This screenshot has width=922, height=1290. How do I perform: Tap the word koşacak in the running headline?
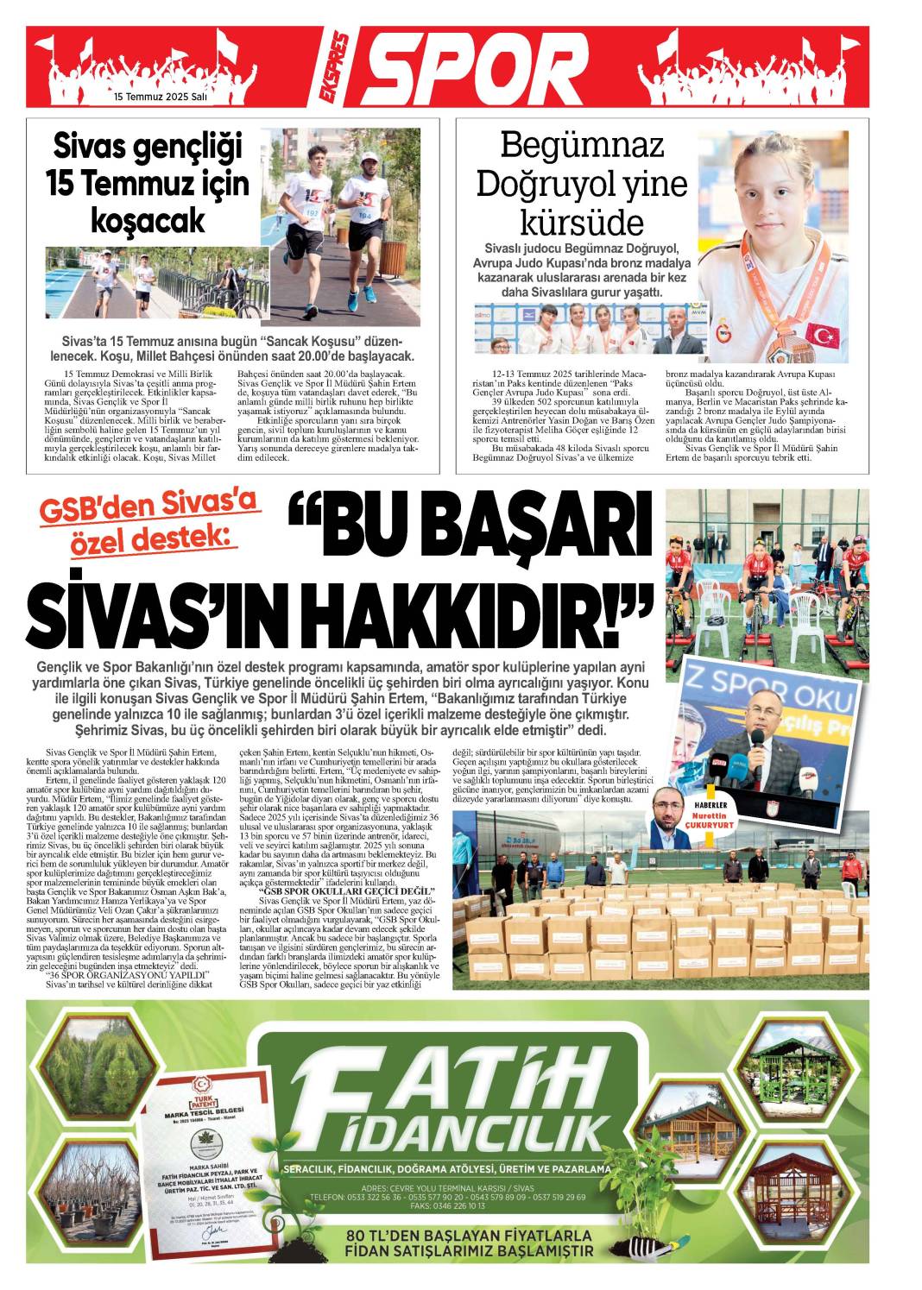pyautogui.click(x=148, y=220)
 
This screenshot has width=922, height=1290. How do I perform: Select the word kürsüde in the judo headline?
pyautogui.click(x=583, y=223)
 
